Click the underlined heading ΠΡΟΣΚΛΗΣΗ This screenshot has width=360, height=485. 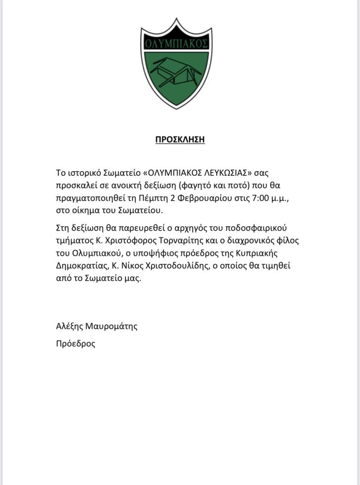pos(180,139)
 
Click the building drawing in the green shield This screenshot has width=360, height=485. pos(175,74)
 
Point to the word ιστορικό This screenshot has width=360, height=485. pos(84,173)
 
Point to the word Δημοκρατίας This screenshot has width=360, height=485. pos(81,265)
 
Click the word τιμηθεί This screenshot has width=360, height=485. pos(275,265)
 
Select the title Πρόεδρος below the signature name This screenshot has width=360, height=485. pos(76,343)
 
